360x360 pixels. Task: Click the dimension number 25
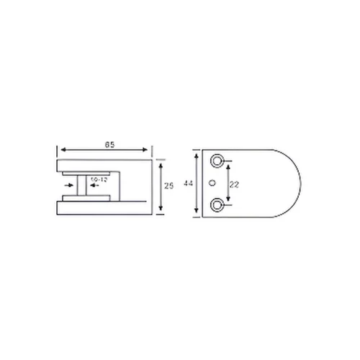pyautogui.click(x=169, y=186)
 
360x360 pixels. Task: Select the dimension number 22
pyautogui.click(x=235, y=184)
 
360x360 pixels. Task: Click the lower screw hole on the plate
pyautogui.click(x=217, y=207)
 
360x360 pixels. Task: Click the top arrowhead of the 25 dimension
pyautogui.click(x=161, y=162)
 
